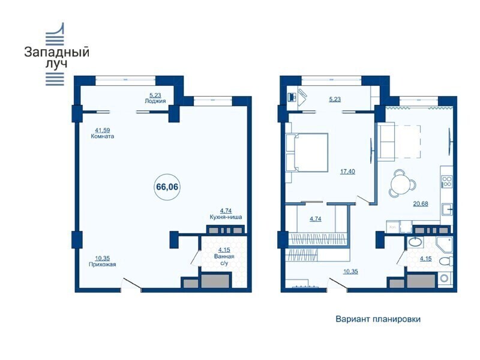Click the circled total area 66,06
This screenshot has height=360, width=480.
tap(167, 187)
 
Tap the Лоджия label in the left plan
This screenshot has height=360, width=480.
tap(155, 101)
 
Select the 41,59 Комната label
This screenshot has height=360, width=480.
tap(102, 133)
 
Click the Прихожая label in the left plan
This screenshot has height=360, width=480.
tap(102, 265)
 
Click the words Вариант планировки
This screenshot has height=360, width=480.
tap(378, 319)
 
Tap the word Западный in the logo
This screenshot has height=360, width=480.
tap(56, 52)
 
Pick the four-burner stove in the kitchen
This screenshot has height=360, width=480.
tap(447, 182)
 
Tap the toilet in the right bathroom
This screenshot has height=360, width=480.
tap(446, 262)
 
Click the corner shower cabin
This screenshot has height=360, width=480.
tap(445, 245)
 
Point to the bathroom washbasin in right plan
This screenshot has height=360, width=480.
tap(415, 242)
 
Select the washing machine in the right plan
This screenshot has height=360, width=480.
tap(445, 278)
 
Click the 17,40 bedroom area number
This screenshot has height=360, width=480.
tap(348, 172)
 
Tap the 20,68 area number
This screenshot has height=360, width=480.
tap(421, 203)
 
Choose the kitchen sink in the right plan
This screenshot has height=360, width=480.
tap(447, 210)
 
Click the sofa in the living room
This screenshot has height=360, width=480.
tap(386, 142)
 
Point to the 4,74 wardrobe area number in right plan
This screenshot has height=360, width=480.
tap(316, 219)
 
